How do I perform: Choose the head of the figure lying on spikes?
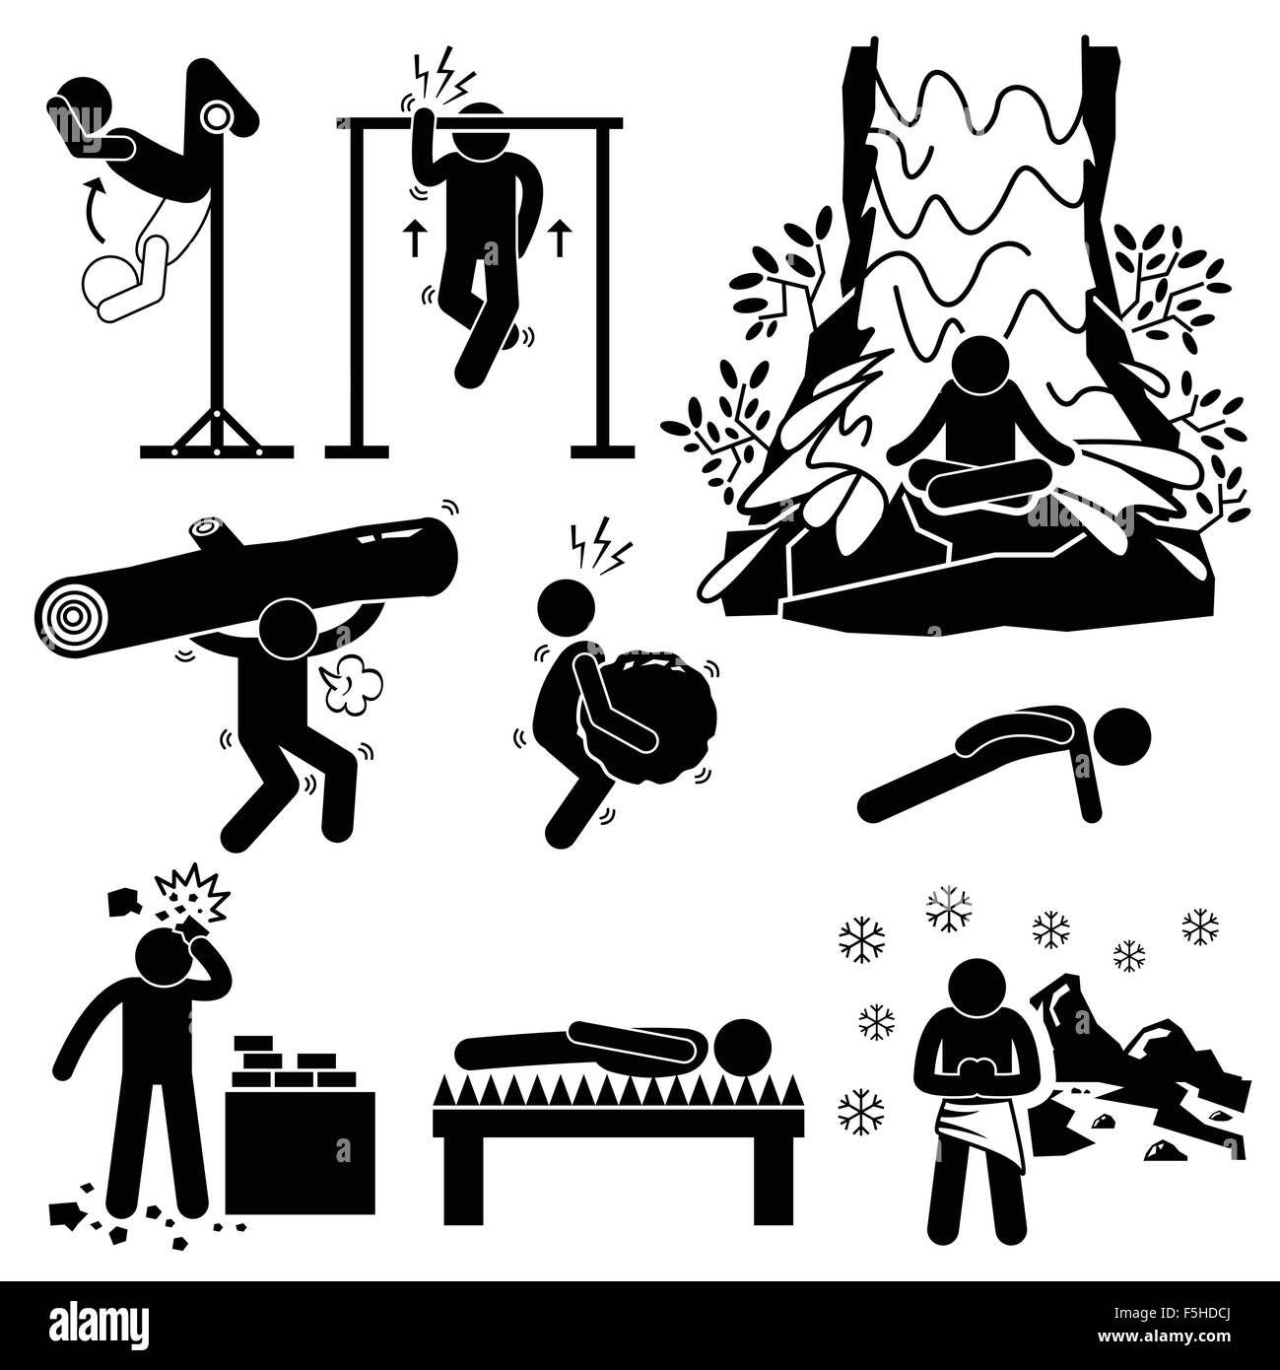pos(741,1048)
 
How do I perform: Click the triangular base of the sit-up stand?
pos(217,435)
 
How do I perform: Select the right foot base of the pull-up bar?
pos(602,452)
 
